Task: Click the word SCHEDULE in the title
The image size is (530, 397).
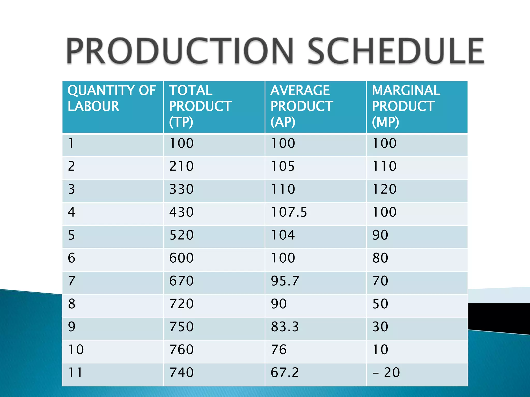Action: point(395,51)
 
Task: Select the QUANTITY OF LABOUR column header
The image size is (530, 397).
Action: point(112,98)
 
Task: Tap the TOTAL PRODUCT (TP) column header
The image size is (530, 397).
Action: point(200,106)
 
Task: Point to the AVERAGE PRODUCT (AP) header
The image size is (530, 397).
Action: point(301,106)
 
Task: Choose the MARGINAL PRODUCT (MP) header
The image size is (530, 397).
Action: point(406,106)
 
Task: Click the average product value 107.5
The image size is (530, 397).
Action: point(289,212)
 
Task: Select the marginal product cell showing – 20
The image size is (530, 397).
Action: point(386,373)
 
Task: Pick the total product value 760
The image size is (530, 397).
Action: point(181,350)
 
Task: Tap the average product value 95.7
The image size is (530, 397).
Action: point(285,281)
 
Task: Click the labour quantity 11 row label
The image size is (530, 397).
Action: point(75,373)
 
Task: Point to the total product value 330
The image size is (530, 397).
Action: point(181,189)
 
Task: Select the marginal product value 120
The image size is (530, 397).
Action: point(384,189)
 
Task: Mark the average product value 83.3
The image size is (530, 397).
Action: point(285,327)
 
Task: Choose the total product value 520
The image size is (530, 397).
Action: point(181,235)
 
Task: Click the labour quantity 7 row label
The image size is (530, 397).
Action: point(72,281)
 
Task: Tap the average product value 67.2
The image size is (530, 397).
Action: point(285,373)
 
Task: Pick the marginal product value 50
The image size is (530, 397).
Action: point(380,304)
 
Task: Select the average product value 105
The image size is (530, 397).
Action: point(283,166)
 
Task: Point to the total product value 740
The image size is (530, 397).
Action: point(181,373)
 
